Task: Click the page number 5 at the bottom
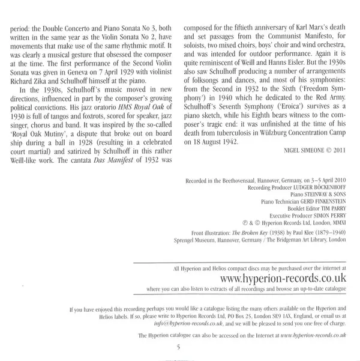178,347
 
